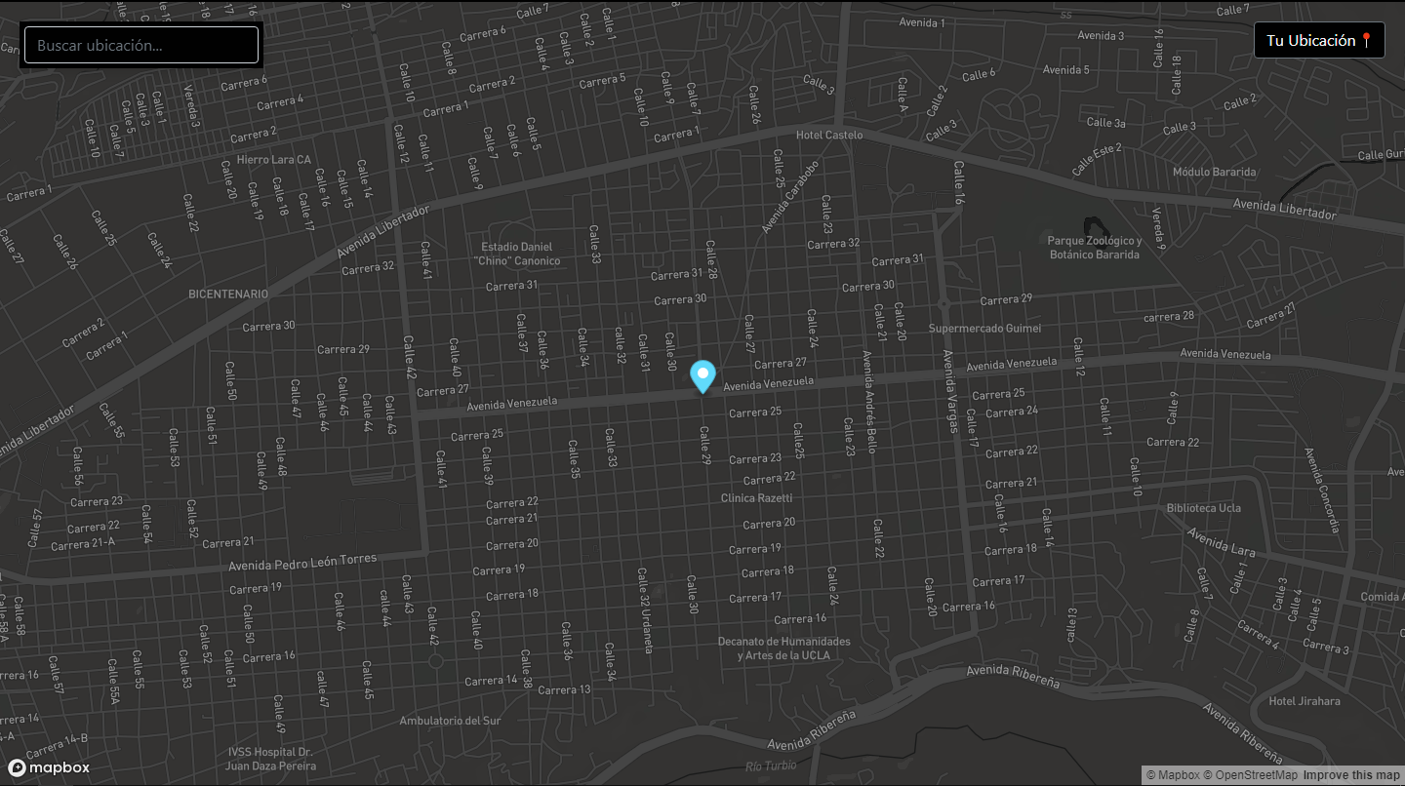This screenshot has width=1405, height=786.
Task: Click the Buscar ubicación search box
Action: click(x=141, y=45)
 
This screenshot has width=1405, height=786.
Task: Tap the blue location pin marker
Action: click(x=702, y=375)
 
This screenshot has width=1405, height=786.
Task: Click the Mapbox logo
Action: click(x=50, y=767)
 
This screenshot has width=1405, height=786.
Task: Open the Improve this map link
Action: click(x=1351, y=775)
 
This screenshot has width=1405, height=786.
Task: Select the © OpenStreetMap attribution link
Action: click(x=1250, y=775)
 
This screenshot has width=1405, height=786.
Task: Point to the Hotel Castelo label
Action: click(x=829, y=135)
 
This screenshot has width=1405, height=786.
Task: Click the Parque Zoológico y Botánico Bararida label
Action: click(x=1094, y=248)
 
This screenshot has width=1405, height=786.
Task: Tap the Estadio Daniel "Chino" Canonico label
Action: click(x=521, y=254)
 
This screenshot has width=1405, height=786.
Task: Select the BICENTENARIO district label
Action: click(x=228, y=294)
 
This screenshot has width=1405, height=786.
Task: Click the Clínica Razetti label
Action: click(x=756, y=498)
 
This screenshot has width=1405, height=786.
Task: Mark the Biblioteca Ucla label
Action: click(x=1204, y=508)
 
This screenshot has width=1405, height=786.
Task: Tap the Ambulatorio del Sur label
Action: click(x=450, y=721)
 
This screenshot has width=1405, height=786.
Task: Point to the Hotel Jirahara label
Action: click(x=1305, y=701)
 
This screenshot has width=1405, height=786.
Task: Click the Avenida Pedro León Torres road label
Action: click(x=302, y=562)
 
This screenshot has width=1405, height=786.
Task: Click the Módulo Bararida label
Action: click(x=1215, y=172)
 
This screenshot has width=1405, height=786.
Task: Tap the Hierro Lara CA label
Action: click(x=273, y=159)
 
